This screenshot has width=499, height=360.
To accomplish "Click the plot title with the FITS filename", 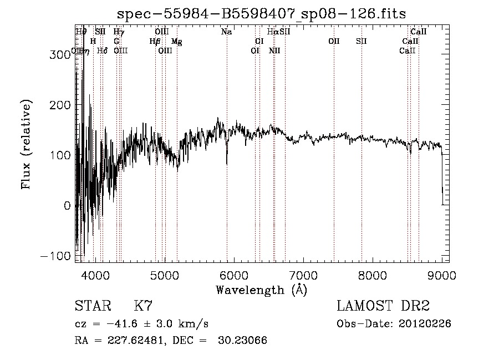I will point(262,14).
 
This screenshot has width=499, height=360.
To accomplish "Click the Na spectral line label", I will point(226,32).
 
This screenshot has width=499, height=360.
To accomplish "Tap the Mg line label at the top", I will point(176,42).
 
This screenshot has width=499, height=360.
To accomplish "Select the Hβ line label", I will point(155,42).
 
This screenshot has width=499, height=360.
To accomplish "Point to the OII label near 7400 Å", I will point(334,42).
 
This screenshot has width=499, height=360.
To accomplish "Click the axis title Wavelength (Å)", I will point(261,290).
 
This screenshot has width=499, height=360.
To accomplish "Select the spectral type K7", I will point(143,306).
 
